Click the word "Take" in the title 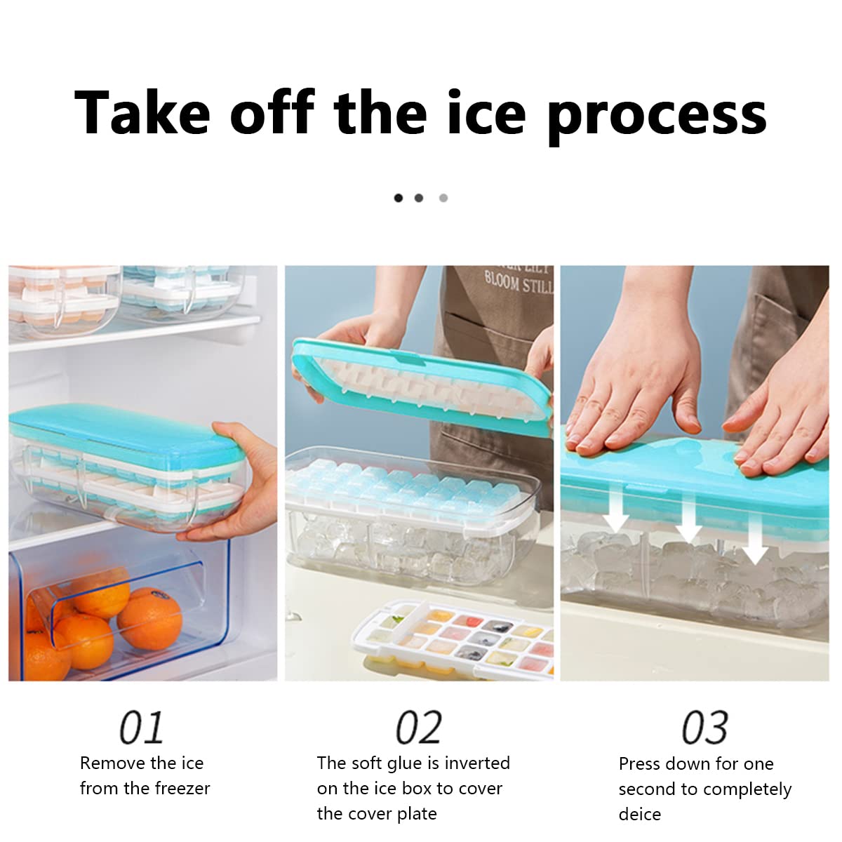tap(142, 113)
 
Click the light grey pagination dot tap(443, 198)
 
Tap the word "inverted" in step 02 tap(477, 763)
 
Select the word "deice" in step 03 tap(639, 814)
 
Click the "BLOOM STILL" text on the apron tap(519, 283)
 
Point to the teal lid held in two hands tap(421, 382)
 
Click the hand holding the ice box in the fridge tap(242, 484)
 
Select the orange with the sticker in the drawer tap(149, 617)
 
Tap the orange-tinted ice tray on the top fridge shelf tap(63, 295)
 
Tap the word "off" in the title tap(272, 113)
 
